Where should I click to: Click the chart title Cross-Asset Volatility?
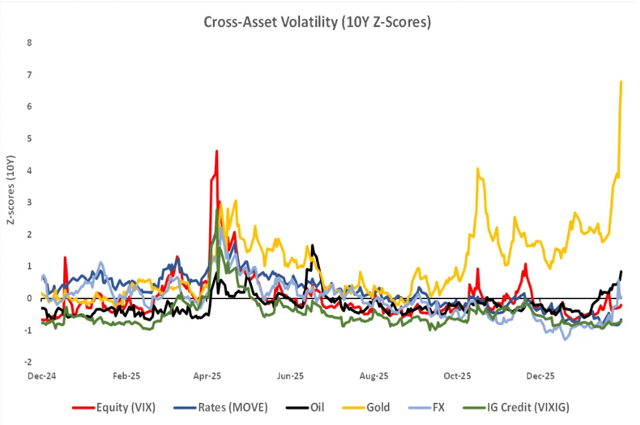pyautogui.click(x=317, y=22)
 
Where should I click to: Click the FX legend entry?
pyautogui.click(x=438, y=407)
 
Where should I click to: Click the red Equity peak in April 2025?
pyautogui.click(x=217, y=151)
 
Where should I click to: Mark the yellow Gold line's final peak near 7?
pyautogui.click(x=622, y=82)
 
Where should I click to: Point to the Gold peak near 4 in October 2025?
pyautogui.click(x=478, y=169)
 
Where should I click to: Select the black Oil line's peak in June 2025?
pyautogui.click(x=312, y=245)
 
